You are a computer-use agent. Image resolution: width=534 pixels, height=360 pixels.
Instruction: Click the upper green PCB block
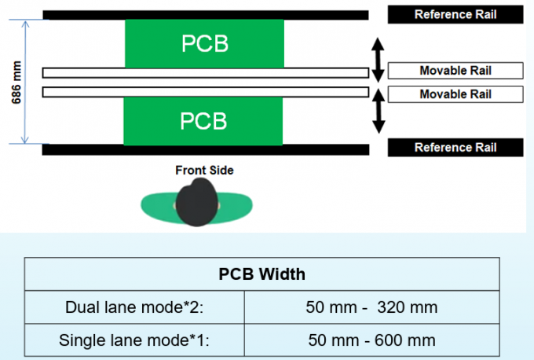point(204,43)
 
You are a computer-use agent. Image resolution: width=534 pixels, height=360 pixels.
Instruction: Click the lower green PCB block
point(204,120)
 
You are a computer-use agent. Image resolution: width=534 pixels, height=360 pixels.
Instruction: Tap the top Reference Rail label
point(455,13)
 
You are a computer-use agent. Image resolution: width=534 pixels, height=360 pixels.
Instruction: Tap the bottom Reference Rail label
point(455,147)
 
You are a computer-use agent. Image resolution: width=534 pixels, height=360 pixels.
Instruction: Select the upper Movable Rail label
point(455,71)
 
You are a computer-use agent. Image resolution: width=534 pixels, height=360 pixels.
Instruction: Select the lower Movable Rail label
point(455,94)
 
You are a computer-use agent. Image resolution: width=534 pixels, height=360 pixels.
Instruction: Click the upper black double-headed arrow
point(378,58)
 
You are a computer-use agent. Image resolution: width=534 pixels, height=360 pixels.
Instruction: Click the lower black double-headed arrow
point(378,109)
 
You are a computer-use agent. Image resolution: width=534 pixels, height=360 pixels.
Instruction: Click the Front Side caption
point(204,169)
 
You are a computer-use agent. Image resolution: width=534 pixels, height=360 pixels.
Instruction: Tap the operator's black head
point(196,203)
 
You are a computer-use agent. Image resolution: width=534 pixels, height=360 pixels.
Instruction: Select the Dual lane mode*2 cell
point(135,307)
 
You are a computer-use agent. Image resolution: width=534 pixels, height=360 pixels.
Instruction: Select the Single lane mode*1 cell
point(135,340)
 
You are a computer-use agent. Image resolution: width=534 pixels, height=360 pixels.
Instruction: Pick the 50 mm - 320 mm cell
point(372,307)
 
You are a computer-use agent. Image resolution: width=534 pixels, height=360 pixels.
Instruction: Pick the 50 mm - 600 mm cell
point(372,340)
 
